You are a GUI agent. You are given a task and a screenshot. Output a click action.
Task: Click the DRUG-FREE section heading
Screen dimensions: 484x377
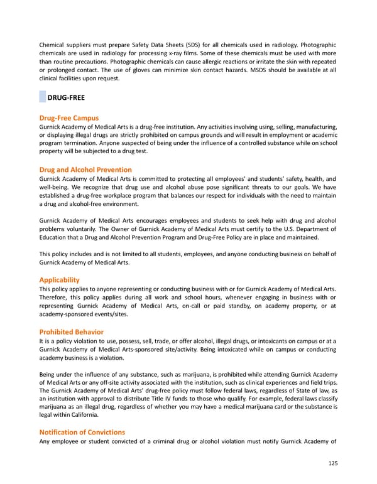(x=66, y=97)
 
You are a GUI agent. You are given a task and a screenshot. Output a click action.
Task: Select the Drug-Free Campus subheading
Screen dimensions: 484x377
(x=68, y=118)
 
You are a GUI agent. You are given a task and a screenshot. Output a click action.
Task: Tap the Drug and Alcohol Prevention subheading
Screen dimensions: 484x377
(x=85, y=169)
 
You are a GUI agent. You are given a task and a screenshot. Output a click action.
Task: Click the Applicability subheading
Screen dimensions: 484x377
(x=60, y=279)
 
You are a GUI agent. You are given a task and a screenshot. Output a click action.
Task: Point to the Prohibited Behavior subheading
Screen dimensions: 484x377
(x=71, y=331)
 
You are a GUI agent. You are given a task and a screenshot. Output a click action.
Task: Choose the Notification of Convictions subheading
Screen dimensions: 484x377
(x=82, y=432)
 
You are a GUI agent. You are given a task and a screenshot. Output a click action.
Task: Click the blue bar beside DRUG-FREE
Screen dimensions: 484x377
(x=42, y=97)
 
